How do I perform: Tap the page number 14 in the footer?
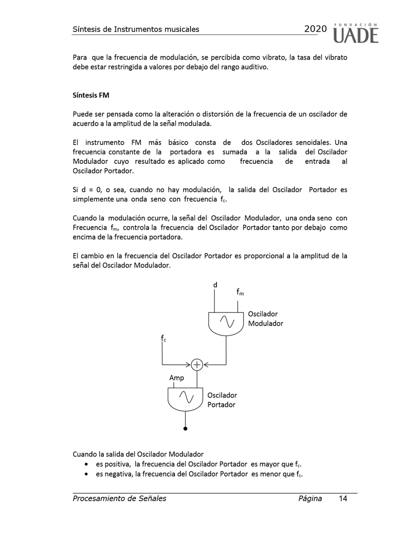[x=343, y=498]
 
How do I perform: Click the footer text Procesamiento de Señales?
[x=119, y=498]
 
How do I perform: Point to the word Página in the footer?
[x=309, y=498]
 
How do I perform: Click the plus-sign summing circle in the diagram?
[x=197, y=365]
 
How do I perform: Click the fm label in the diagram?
[x=240, y=292]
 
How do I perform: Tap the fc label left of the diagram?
[x=163, y=338]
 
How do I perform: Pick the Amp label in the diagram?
[x=177, y=378]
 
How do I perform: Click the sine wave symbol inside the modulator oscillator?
[x=227, y=322]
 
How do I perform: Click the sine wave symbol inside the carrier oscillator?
[x=186, y=397]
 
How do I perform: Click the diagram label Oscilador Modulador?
[x=265, y=319]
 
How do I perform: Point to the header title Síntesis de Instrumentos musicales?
[x=136, y=29]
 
